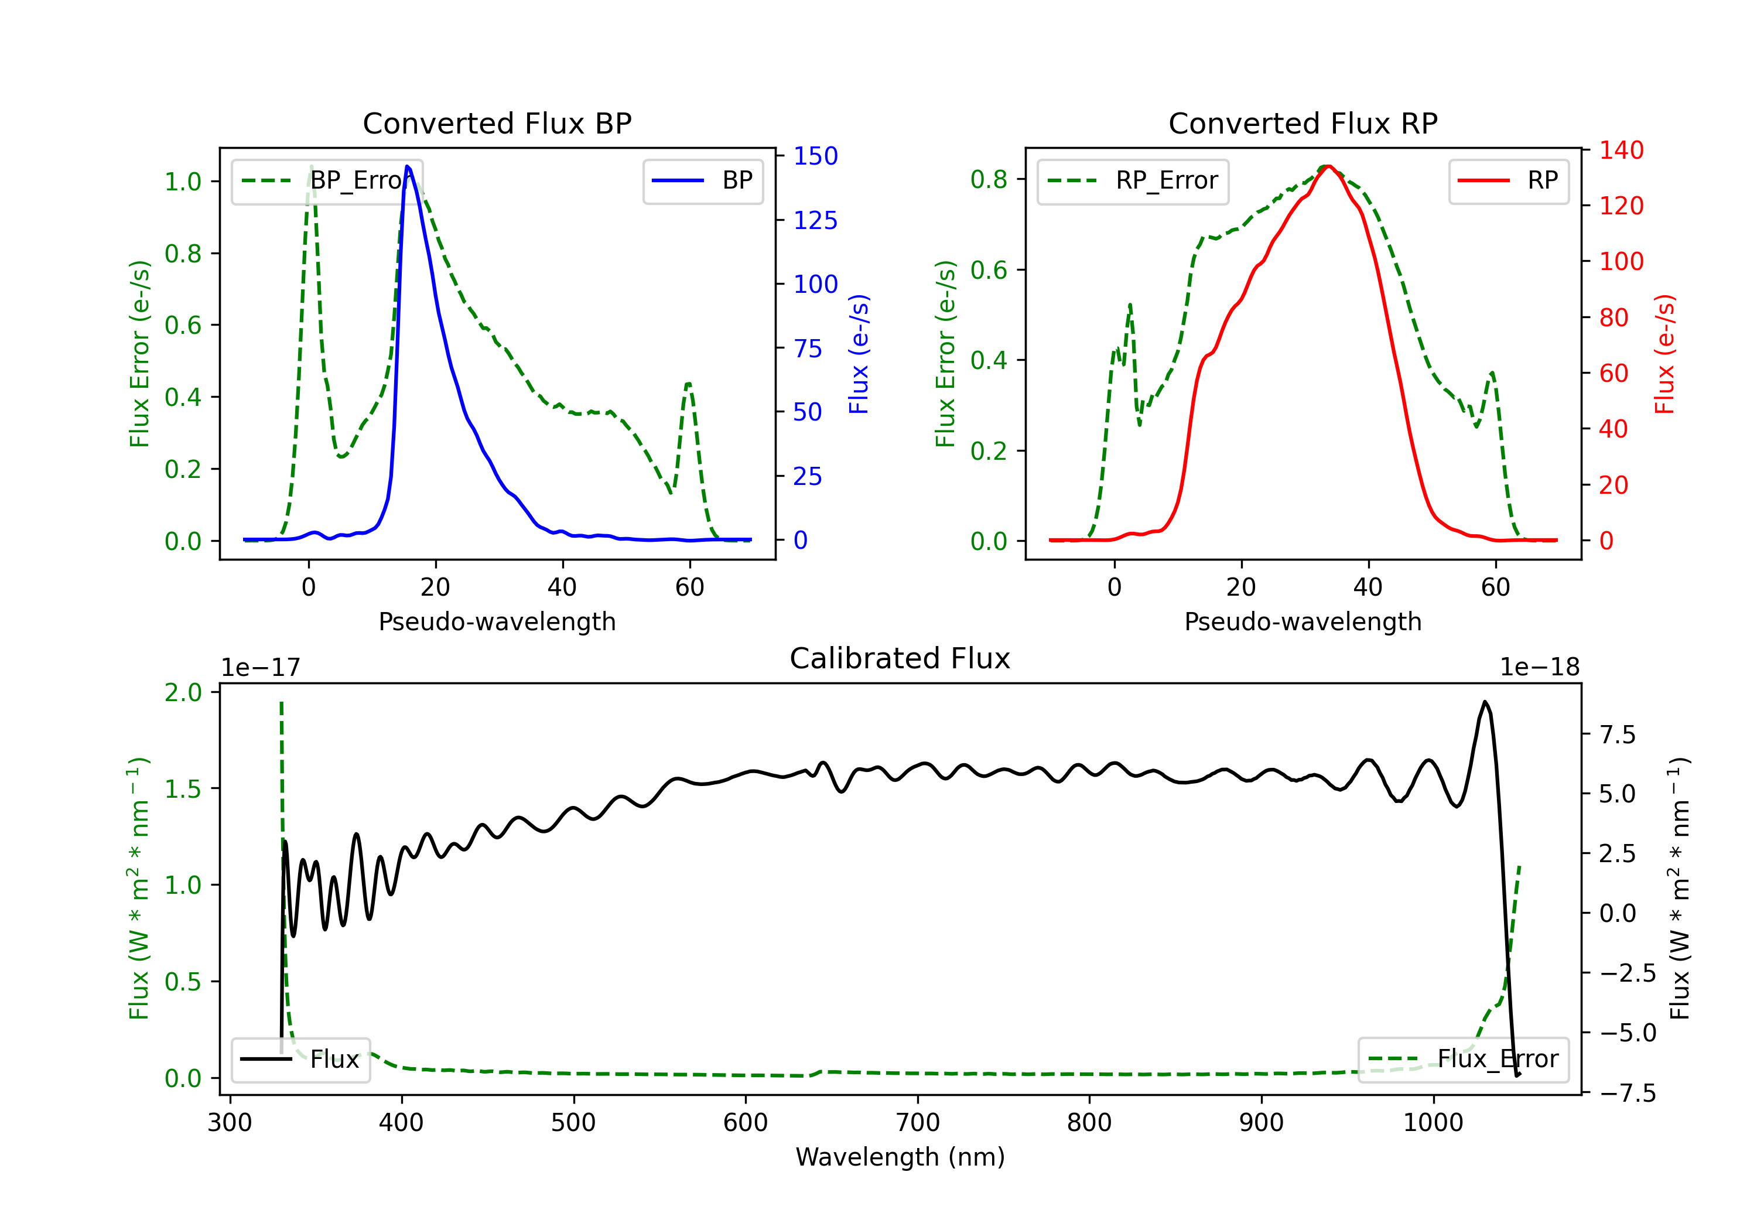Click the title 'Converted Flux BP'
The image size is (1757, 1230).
(x=497, y=123)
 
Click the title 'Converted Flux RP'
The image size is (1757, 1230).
(x=1303, y=123)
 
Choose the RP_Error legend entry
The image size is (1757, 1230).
(x=1133, y=180)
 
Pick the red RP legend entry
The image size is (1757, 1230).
(x=1508, y=180)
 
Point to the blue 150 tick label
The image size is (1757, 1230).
(x=815, y=156)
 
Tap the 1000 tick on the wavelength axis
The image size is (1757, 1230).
(x=1433, y=1122)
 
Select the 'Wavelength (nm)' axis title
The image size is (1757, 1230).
(x=900, y=1157)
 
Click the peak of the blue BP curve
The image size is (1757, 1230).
(x=407, y=166)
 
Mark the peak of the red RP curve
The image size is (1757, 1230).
(x=1328, y=166)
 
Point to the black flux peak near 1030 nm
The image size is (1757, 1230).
(x=1485, y=701)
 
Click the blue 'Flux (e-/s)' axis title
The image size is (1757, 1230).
(x=859, y=354)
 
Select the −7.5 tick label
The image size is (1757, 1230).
(x=1627, y=1092)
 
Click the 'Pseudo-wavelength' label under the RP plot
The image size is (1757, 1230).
(x=1303, y=621)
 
